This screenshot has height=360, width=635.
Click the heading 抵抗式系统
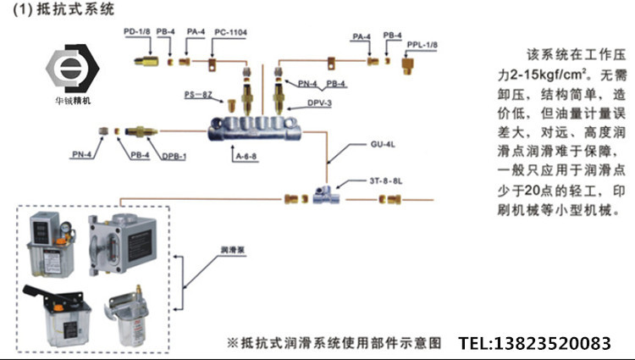[58, 8]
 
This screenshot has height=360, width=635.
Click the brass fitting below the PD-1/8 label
[148, 60]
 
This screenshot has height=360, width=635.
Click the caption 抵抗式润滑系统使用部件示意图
[334, 344]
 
